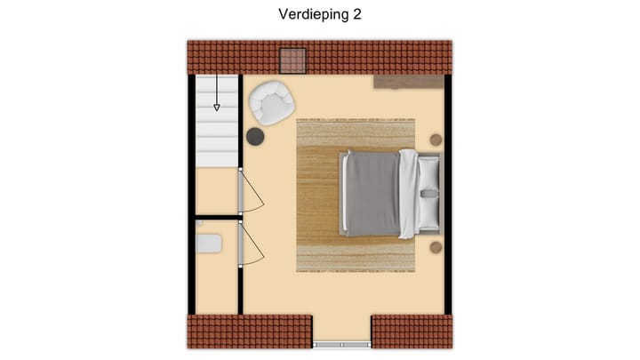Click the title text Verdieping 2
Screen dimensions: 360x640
[319, 14]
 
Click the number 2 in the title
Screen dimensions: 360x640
[356, 14]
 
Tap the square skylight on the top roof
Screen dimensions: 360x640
[292, 60]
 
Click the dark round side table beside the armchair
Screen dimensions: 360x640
[255, 136]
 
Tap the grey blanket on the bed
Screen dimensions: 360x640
[372, 194]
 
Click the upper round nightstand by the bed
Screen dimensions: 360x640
[436, 140]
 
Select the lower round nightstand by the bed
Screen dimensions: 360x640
[436, 246]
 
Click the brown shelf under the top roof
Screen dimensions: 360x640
[408, 82]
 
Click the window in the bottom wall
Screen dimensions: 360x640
[341, 343]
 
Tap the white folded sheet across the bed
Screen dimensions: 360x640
[408, 193]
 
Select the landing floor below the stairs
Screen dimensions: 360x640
[215, 190]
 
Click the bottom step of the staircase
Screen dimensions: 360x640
[217, 157]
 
